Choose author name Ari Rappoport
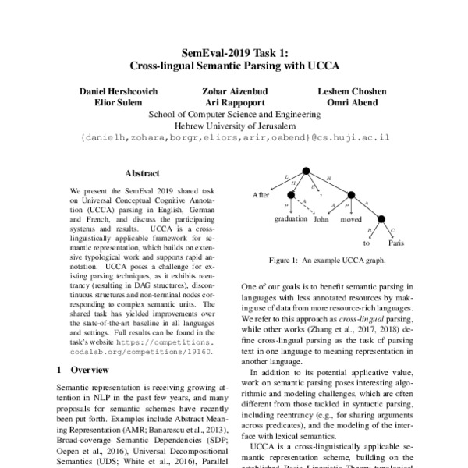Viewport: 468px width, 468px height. click(233, 102)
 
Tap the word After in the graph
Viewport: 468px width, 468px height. click(261, 194)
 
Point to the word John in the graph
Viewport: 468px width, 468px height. click(322, 220)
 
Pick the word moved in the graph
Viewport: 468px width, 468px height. click(353, 220)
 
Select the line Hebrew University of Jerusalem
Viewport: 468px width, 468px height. click(234, 125)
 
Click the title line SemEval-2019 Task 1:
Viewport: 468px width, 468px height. click(234, 53)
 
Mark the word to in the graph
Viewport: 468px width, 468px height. click(367, 243)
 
